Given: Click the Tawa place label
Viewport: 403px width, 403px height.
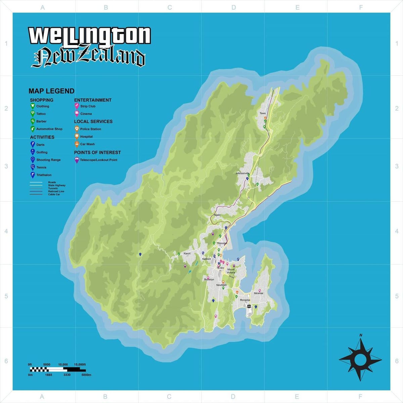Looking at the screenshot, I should click(263, 113).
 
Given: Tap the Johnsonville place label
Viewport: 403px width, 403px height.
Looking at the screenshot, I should click(242, 173).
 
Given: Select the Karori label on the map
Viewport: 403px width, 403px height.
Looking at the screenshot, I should click(187, 254).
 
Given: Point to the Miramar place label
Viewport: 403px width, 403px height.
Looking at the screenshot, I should click(259, 293).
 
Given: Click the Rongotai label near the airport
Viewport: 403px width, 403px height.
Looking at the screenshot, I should click(245, 300).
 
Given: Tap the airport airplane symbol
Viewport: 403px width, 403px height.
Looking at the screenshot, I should click(249, 306).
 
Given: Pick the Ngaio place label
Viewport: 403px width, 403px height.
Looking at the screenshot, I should click(217, 215).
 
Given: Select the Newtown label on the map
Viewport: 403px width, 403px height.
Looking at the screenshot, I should click(221, 285).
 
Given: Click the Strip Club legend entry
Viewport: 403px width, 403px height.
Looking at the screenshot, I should click(88, 106).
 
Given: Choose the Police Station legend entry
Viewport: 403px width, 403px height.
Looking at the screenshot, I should click(90, 129).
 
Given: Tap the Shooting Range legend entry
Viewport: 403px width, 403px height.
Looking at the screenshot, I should click(48, 160).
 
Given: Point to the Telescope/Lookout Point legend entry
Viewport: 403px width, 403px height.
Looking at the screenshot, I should click(98, 160).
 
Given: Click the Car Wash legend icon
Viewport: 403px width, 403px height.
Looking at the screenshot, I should click(77, 144).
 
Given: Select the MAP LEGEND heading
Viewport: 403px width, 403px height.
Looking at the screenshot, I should click(51, 91).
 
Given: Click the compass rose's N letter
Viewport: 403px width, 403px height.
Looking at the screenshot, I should click(361, 335).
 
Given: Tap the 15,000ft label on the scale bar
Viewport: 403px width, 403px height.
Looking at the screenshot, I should click(80, 364).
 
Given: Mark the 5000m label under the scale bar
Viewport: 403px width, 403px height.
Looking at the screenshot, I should click(86, 375).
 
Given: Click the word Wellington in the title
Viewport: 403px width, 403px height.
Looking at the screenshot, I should click(90, 35).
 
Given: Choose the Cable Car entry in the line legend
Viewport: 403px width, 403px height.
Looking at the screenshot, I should click(54, 194).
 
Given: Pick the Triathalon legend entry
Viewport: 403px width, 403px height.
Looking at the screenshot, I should click(44, 175).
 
